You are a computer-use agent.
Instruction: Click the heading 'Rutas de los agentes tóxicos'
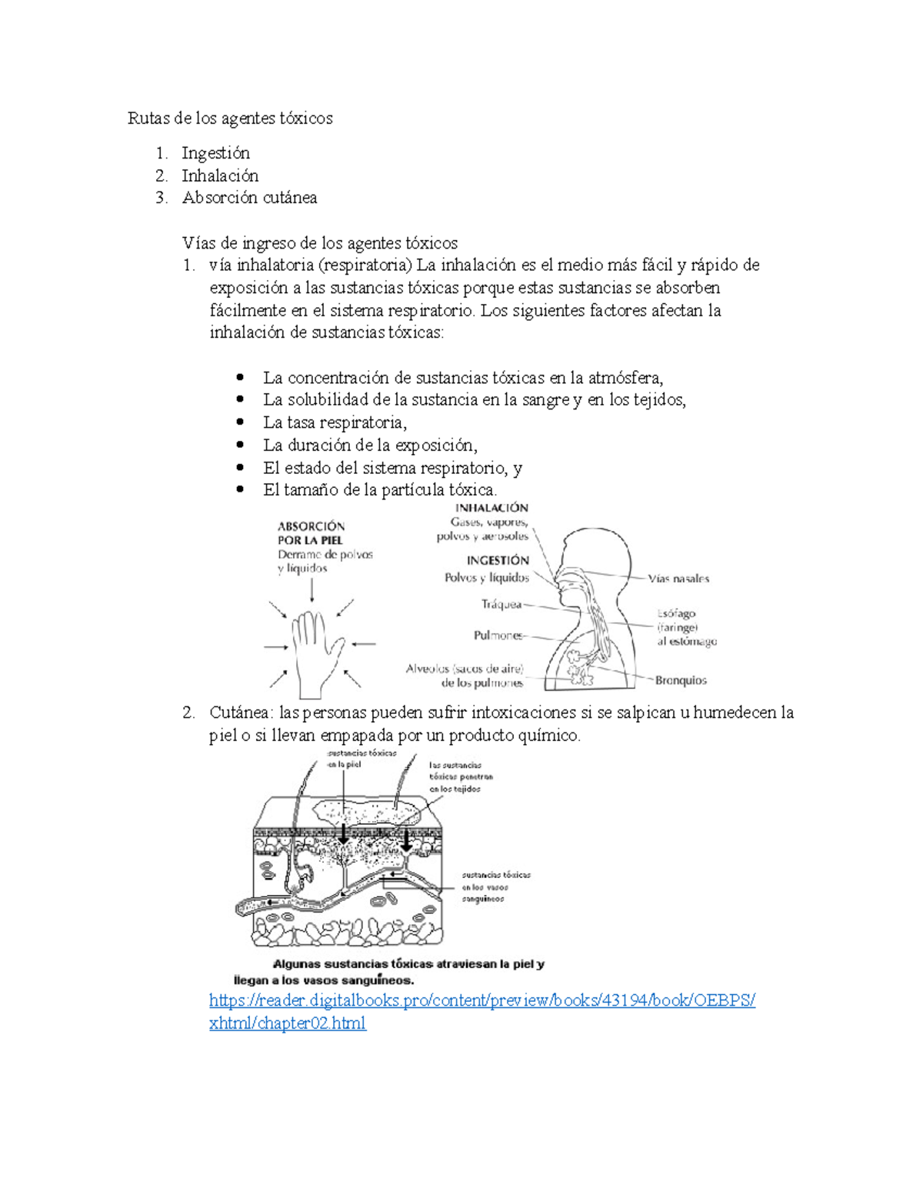(230, 118)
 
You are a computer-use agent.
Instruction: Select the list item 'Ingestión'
(215, 153)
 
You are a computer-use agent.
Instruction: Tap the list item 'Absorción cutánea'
(249, 198)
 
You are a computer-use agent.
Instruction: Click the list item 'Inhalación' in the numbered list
(220, 175)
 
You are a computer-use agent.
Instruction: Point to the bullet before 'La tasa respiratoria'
(241, 422)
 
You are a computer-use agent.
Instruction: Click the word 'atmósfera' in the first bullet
(625, 378)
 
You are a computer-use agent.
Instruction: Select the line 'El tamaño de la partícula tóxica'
(379, 490)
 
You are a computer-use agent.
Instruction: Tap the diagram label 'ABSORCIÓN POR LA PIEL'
(312, 533)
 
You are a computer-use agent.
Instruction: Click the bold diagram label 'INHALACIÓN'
(492, 508)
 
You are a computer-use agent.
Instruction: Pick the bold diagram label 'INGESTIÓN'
(498, 560)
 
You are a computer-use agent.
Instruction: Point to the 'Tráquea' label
(501, 605)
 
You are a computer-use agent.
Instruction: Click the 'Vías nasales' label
(678, 579)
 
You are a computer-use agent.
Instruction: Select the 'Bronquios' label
(681, 680)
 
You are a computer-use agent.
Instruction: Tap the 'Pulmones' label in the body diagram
(498, 636)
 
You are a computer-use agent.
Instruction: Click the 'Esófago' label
(676, 614)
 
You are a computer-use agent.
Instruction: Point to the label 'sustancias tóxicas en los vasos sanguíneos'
(495, 886)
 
